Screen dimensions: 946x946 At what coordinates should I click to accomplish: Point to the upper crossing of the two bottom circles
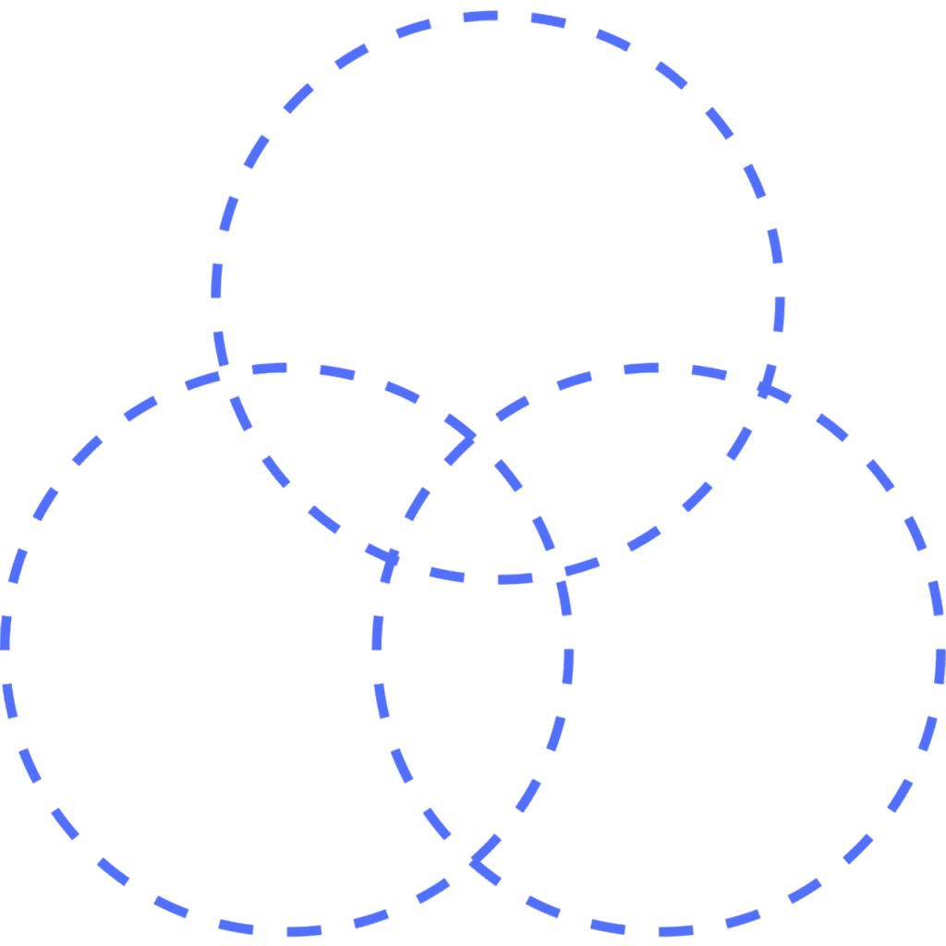(x=473, y=435)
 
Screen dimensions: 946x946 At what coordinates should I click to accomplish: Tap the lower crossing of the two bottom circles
(x=473, y=861)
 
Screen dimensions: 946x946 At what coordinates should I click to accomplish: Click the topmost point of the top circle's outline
(x=495, y=15)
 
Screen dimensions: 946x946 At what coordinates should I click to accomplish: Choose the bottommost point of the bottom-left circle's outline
(x=286, y=931)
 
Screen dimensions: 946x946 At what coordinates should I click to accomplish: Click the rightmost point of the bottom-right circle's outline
(x=941, y=649)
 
